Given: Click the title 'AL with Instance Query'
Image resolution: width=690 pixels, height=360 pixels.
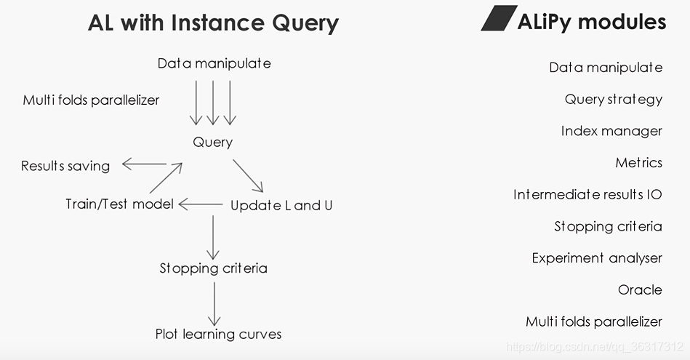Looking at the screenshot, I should click(213, 23).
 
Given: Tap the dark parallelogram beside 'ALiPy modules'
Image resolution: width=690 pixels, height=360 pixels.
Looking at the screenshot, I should click(498, 19).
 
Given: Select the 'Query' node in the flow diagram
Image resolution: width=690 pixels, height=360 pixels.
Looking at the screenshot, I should click(212, 143).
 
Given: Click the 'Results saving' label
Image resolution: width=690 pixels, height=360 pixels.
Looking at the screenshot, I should click(65, 166).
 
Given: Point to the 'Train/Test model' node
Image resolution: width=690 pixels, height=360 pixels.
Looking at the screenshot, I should click(119, 204).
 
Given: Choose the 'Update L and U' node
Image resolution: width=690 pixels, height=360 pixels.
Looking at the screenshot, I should click(281, 205).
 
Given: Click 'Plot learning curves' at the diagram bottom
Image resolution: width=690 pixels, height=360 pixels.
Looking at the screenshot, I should click(218, 335).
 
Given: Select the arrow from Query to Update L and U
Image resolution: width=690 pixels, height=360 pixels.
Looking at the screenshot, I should click(248, 175).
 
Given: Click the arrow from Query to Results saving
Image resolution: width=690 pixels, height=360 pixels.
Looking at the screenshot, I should click(145, 164).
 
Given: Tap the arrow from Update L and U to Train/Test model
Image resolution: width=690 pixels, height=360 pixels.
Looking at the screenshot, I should click(201, 205).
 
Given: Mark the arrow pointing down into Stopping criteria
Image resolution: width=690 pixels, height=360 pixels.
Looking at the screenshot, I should click(212, 237).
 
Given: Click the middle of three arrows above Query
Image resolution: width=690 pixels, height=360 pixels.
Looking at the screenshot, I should click(212, 103).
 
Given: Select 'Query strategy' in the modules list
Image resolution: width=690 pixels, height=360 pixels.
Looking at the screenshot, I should click(613, 100).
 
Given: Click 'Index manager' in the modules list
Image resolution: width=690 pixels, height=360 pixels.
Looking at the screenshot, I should click(611, 132).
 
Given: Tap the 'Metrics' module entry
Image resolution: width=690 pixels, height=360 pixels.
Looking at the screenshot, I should click(638, 163).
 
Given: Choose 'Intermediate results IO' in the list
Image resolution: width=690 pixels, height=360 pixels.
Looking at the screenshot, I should click(587, 195).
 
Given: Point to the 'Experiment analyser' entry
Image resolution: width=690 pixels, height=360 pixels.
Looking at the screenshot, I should click(597, 258).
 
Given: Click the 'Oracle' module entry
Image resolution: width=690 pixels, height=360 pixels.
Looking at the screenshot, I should click(640, 289).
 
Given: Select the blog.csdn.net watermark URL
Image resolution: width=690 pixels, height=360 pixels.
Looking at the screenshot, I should click(595, 347).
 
